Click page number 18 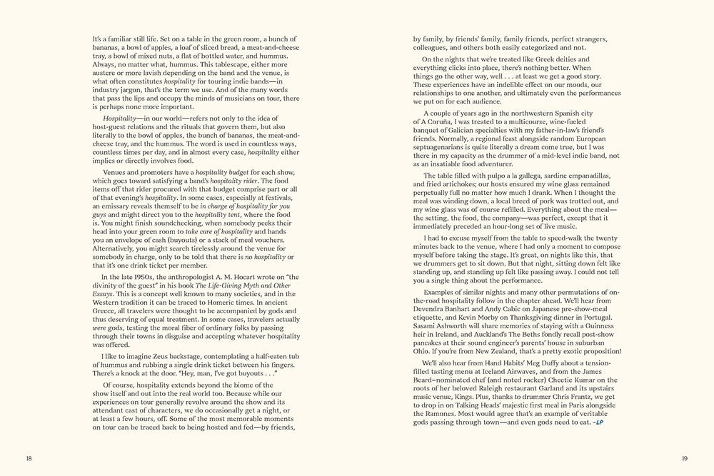[x=28, y=457]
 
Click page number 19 [x=684, y=457]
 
